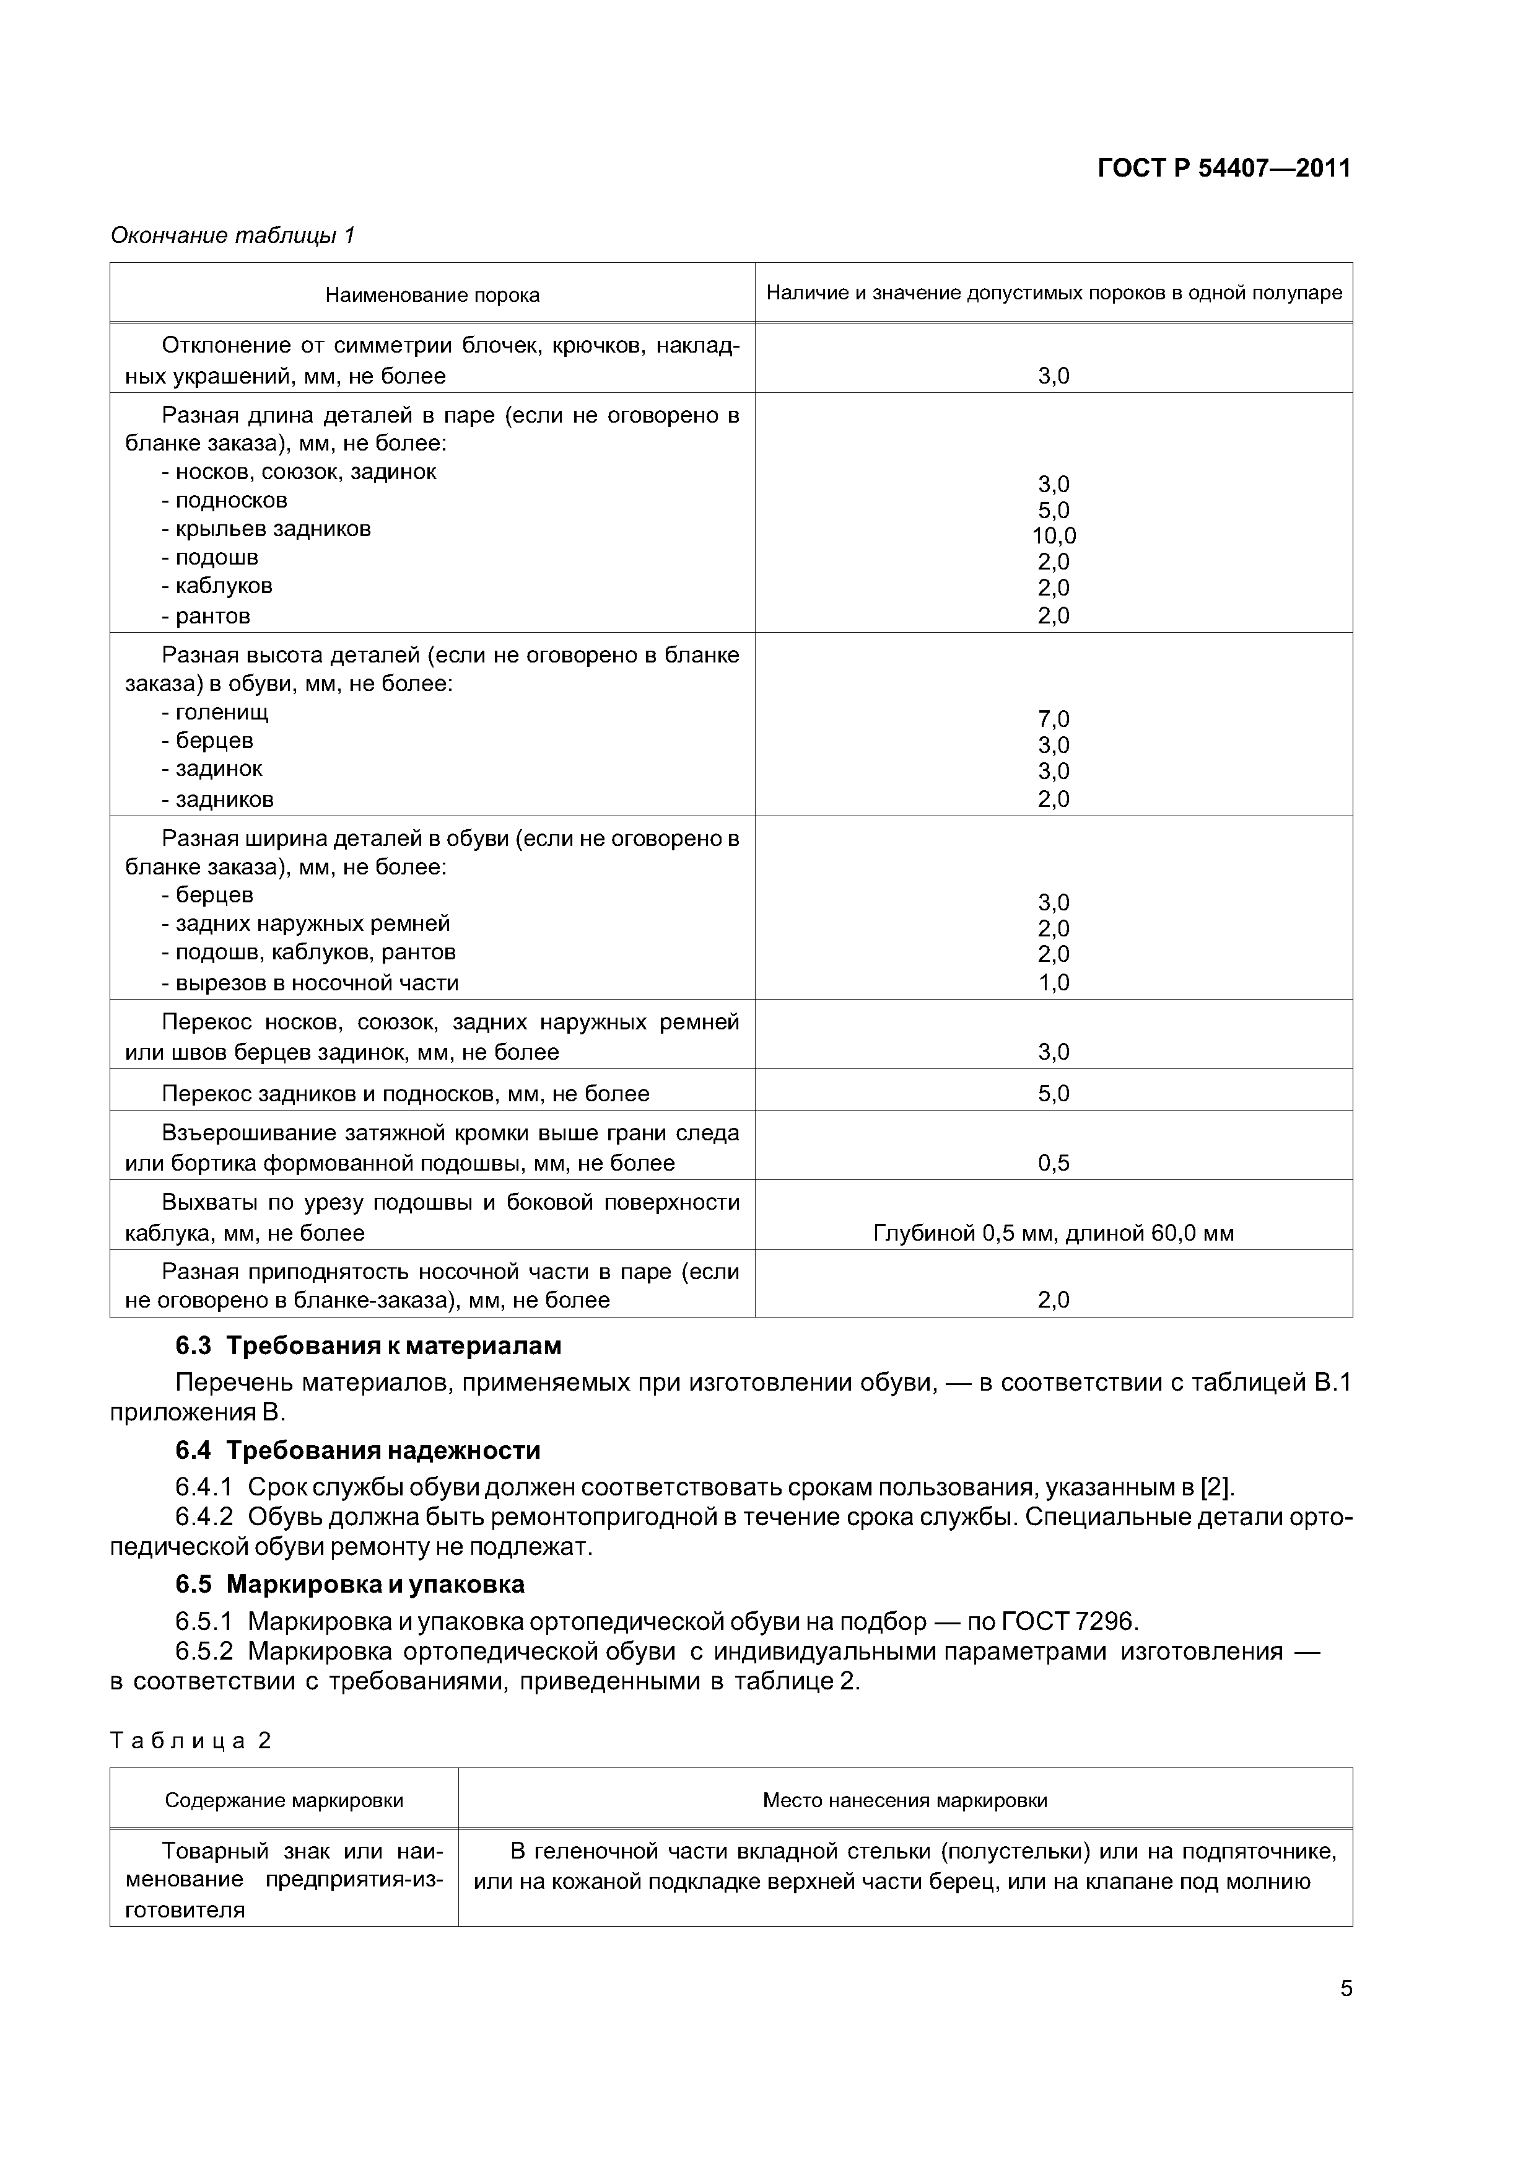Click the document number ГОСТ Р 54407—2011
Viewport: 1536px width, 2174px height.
point(1224,169)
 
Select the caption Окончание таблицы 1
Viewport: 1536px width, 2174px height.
point(232,235)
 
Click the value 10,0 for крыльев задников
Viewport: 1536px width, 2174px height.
point(1054,536)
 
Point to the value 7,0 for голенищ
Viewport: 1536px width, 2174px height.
point(1054,720)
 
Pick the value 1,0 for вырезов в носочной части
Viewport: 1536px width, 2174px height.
point(1054,983)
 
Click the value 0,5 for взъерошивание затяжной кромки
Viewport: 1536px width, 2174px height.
point(1054,1163)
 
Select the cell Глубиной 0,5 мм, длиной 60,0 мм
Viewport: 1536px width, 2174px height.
point(1054,1233)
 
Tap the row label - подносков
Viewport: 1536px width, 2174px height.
point(224,500)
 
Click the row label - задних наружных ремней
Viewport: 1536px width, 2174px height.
point(306,923)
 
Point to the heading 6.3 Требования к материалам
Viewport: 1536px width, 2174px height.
point(368,1345)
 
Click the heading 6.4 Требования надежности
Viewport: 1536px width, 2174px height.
point(358,1451)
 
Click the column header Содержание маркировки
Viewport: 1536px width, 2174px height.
point(284,1800)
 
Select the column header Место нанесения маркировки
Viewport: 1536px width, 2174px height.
point(905,1800)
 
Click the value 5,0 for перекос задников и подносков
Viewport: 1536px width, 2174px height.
point(1054,1094)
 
